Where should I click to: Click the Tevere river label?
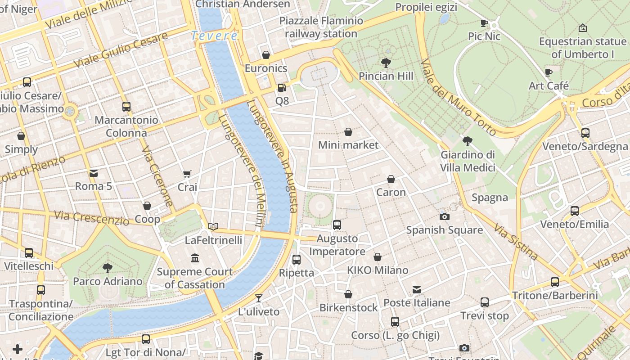214,36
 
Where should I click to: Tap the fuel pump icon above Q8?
282,88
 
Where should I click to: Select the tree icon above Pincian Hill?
386,63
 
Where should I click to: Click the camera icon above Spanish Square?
444,216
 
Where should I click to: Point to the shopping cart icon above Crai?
187,174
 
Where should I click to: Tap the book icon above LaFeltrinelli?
213,226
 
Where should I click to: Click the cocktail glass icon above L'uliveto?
259,298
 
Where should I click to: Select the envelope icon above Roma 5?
93,173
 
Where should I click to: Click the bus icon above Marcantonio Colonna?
126,107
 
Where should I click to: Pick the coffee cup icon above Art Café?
549,72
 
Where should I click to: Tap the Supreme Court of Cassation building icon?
195,258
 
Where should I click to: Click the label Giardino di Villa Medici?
468,161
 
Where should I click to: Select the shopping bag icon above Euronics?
266,55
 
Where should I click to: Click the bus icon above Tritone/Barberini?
555,282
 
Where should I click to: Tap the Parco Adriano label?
108,282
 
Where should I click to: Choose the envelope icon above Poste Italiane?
417,289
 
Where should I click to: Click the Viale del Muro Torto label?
459,97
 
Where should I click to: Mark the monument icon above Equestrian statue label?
582,28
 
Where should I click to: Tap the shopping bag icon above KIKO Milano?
378,257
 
